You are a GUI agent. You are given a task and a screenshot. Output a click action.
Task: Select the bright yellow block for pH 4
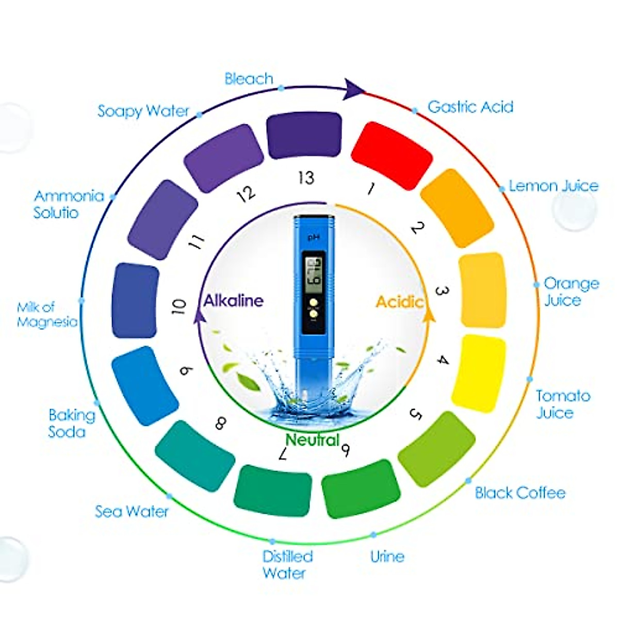(479, 373)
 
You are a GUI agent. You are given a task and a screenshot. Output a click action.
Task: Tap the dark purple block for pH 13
(304, 135)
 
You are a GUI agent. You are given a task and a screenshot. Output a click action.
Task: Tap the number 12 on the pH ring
(246, 194)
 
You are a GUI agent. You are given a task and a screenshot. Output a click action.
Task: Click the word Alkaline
(234, 301)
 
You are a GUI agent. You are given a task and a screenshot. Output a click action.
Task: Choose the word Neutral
(313, 440)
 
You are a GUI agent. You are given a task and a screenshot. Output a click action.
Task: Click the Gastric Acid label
(470, 107)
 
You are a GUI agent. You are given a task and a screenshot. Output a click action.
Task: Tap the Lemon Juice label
(553, 186)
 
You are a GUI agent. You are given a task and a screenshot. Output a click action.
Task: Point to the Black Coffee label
(520, 493)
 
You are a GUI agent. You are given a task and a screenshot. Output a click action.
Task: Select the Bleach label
(249, 79)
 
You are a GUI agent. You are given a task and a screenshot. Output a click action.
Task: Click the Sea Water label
(132, 511)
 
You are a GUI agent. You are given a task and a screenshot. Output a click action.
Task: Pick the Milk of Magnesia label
(47, 315)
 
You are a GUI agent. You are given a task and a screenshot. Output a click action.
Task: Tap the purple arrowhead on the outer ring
(354, 88)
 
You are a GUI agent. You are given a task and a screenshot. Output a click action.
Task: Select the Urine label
(387, 557)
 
